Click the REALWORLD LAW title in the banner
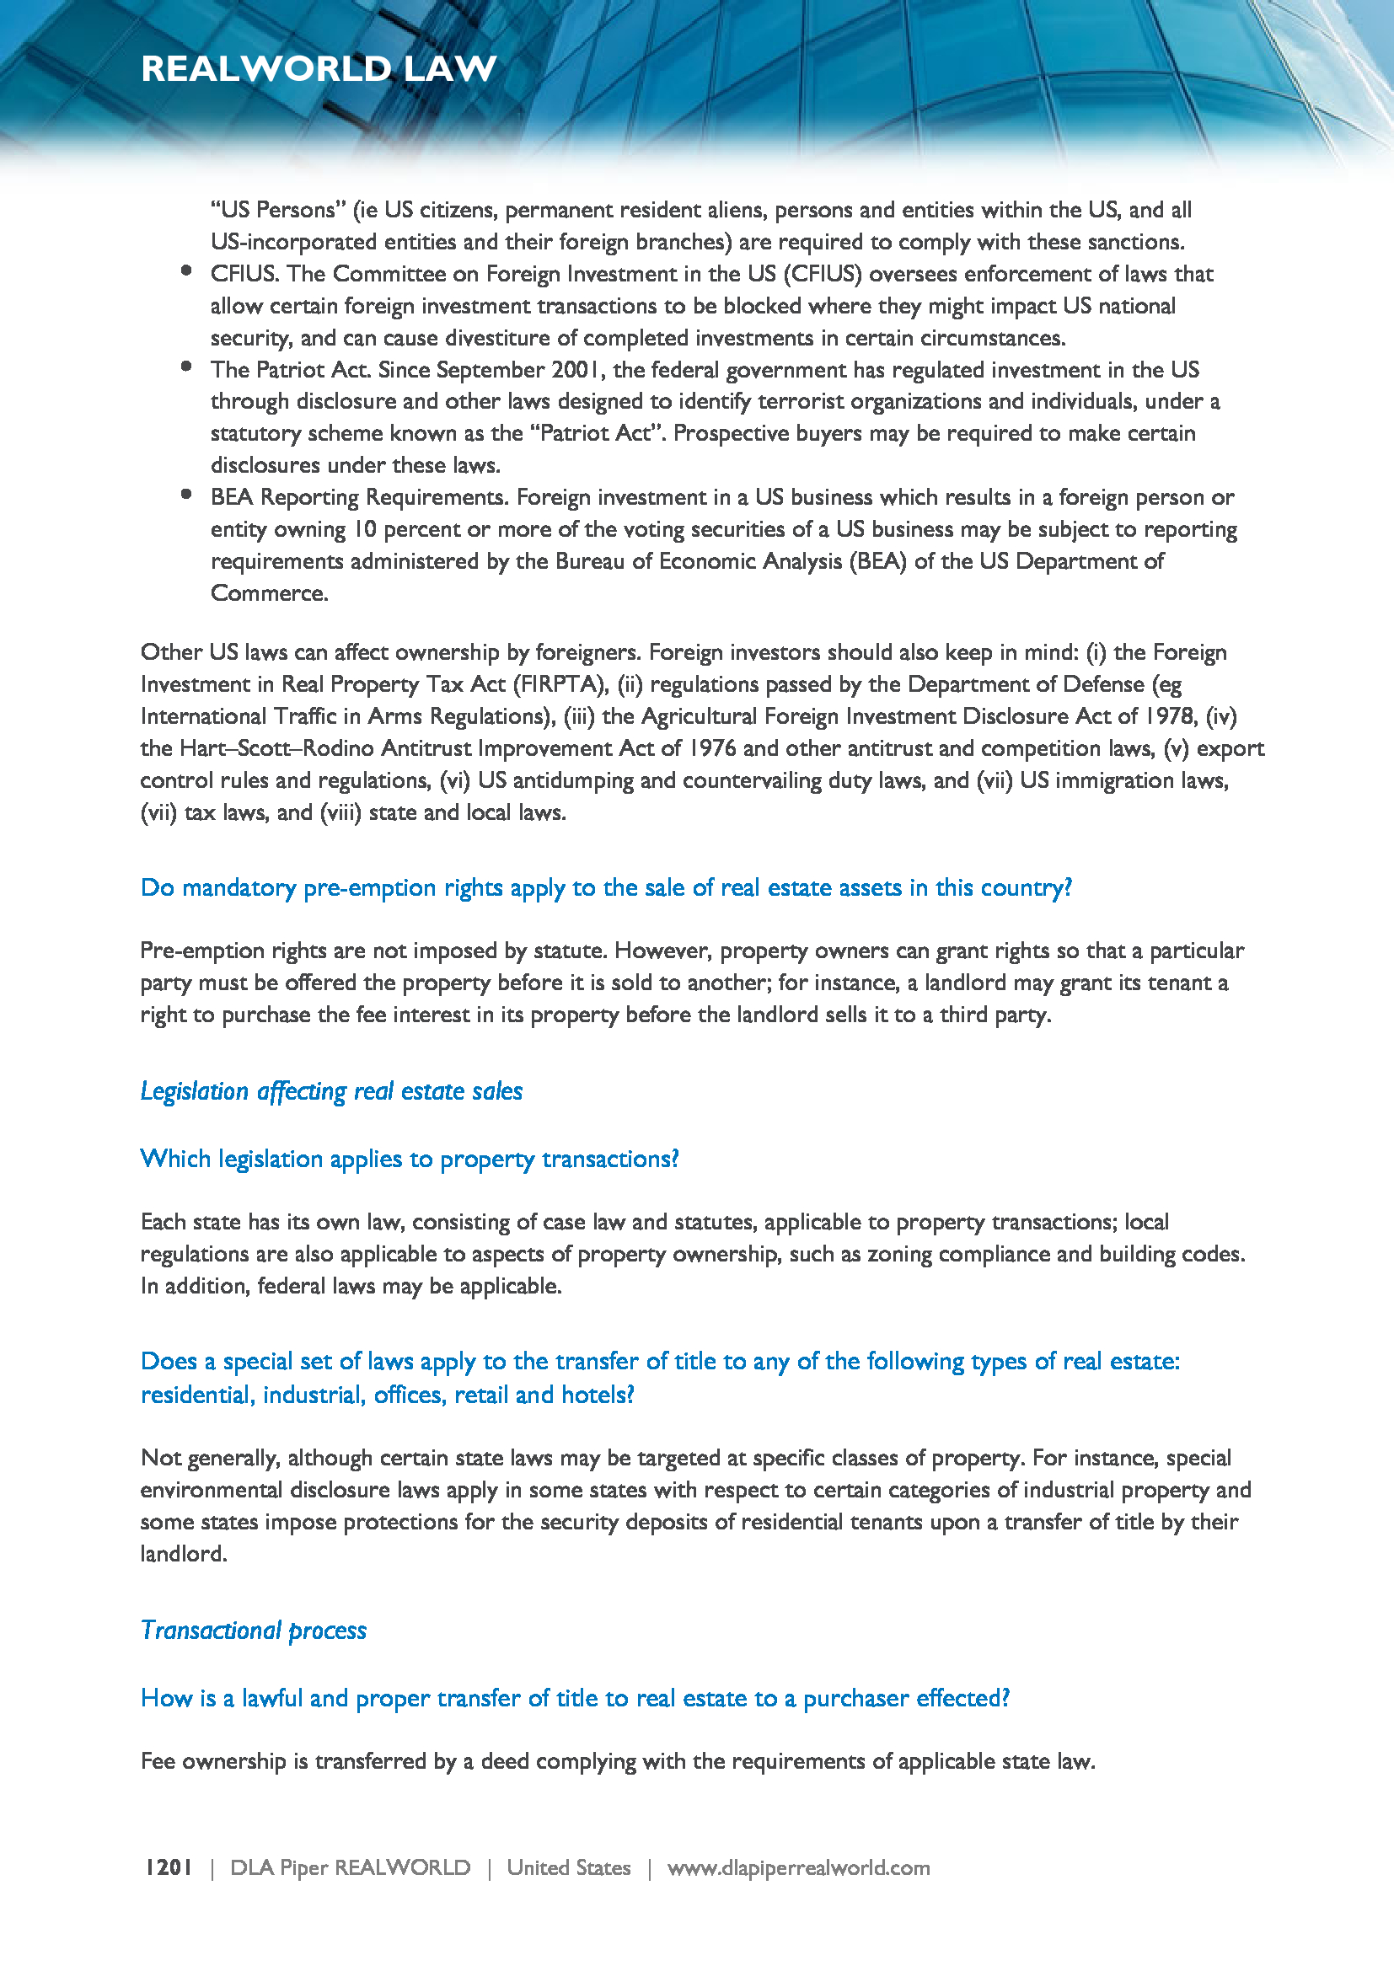click(x=319, y=68)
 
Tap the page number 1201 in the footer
click(x=169, y=1867)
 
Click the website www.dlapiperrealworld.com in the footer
click(x=798, y=1867)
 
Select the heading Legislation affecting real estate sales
click(x=331, y=1091)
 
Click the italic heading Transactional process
click(x=253, y=1631)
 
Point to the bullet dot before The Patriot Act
click(x=186, y=367)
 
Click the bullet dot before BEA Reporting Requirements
click(x=186, y=494)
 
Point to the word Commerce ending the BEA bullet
click(x=269, y=593)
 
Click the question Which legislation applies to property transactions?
click(x=410, y=1159)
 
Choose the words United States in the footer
click(x=568, y=1867)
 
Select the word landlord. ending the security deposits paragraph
click(x=184, y=1554)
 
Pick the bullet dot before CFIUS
click(x=186, y=270)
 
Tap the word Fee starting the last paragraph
click(x=158, y=1761)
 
